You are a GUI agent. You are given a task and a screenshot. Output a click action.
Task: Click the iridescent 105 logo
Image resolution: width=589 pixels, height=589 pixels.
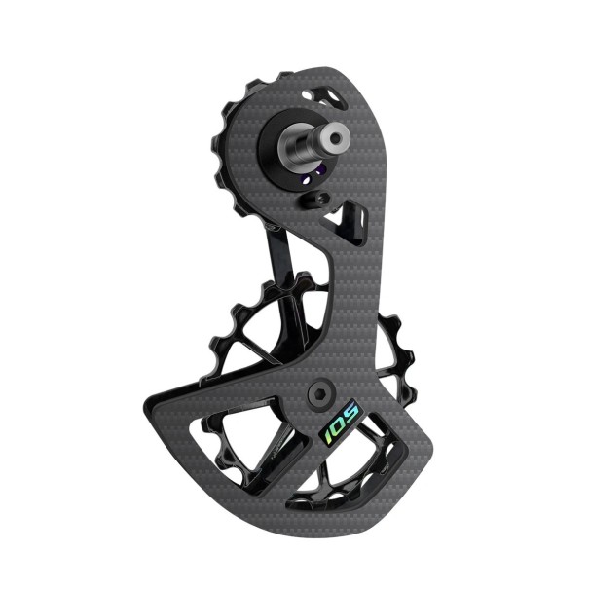pyautogui.click(x=342, y=424)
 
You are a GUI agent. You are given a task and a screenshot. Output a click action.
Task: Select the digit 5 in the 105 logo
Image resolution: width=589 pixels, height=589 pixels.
pyautogui.click(x=353, y=417)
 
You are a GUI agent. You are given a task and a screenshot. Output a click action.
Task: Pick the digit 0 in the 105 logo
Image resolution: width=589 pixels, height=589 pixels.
pyautogui.click(x=341, y=424)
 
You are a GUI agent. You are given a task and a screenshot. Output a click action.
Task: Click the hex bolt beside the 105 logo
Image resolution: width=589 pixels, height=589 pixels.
pyautogui.click(x=318, y=392)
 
